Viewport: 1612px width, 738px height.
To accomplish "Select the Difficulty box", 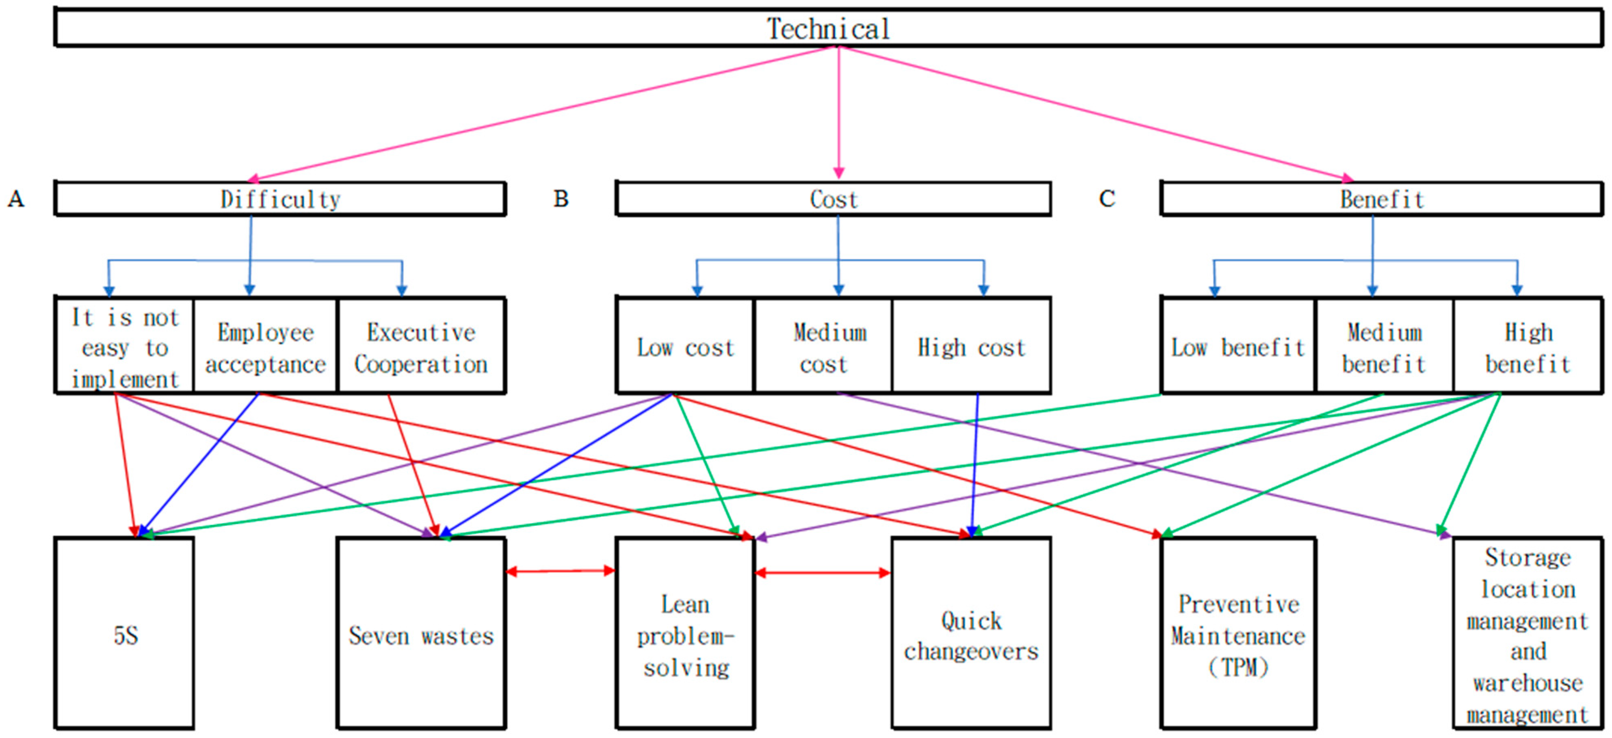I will click(280, 199).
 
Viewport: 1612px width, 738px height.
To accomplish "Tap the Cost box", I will click(833, 199).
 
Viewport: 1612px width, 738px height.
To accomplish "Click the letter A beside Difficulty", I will click(16, 199).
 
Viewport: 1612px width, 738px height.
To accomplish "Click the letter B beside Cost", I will click(561, 199).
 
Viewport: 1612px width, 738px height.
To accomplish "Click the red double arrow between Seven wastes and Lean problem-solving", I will click(560, 570).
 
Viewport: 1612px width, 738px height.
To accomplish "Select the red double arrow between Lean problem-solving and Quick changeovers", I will click(823, 572).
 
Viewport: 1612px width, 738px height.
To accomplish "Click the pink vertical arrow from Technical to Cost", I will click(839, 112).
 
